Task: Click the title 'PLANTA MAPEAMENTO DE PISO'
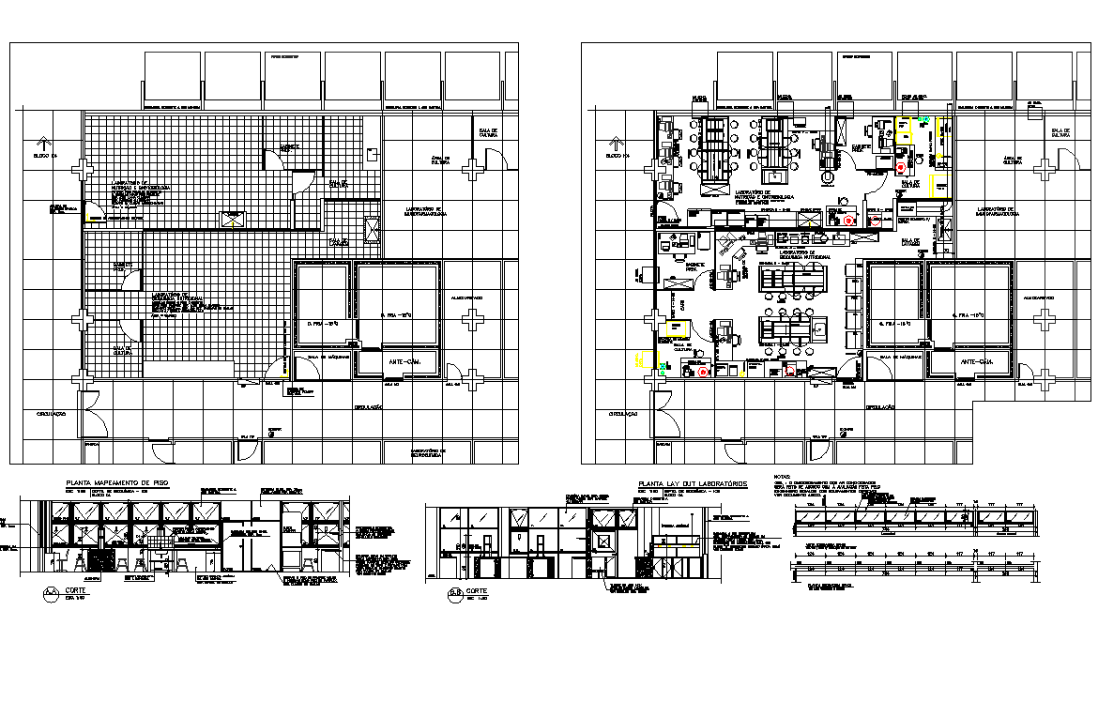(117, 483)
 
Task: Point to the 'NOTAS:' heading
(781, 476)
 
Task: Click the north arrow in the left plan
(39, 143)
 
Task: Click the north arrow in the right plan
(616, 143)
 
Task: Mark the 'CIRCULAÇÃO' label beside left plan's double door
(53, 413)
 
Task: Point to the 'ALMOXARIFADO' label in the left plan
(466, 297)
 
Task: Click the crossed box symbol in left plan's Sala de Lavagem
(372, 228)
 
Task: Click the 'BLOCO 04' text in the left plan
(45, 156)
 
